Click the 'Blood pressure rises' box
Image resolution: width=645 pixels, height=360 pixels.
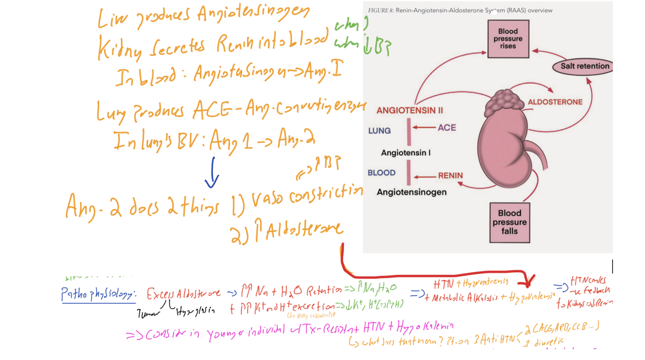[508, 39]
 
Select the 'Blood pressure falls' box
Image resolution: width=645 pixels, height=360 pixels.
[510, 222]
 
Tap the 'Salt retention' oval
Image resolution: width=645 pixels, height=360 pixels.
[585, 66]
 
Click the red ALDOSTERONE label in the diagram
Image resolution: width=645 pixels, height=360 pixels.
[555, 102]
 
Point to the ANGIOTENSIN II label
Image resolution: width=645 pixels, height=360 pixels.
[410, 111]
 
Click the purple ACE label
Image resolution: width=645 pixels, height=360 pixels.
[447, 128]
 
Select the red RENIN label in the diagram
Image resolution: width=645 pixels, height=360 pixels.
[450, 176]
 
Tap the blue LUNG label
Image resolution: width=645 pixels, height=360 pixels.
[379, 131]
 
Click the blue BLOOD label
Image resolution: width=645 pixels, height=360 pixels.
[381, 173]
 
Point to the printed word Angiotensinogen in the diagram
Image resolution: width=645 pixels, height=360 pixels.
[411, 192]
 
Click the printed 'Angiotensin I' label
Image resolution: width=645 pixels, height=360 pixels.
[406, 153]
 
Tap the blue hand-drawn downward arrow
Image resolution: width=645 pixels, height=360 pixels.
[212, 174]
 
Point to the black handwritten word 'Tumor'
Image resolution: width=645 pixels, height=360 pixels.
[147, 315]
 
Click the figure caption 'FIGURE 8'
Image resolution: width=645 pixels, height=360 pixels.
[381, 11]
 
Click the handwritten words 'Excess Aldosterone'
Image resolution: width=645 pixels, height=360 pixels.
[184, 293]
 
